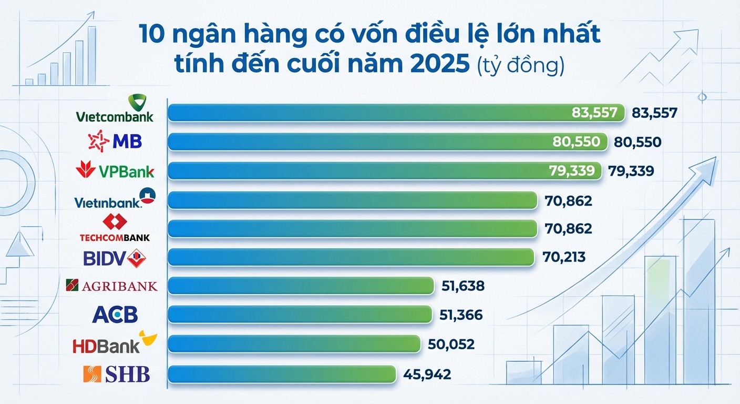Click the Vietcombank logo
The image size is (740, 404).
[115, 109]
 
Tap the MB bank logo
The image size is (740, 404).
[115, 142]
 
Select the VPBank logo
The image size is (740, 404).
[115, 171]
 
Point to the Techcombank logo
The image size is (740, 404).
[115, 228]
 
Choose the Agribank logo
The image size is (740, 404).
[111, 286]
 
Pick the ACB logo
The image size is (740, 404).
[115, 315]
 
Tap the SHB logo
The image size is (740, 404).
[117, 375]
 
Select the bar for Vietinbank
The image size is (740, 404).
[352, 200]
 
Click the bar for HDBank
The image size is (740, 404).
[294, 344]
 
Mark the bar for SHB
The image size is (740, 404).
[281, 373]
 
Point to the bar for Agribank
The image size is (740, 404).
[301, 286]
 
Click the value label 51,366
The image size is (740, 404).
[460, 315]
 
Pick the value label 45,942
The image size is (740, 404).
[427, 375]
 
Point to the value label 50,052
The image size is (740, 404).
[451, 345]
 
